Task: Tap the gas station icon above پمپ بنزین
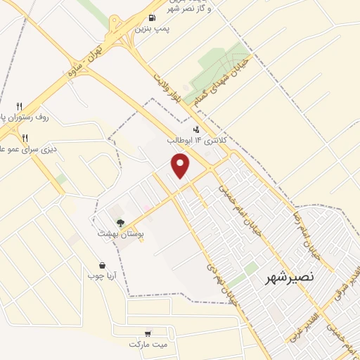(x=152, y=18)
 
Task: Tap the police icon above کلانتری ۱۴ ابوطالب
(x=195, y=129)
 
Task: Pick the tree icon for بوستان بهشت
(x=120, y=222)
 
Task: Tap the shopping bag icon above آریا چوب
(x=103, y=266)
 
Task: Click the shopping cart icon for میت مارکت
(x=148, y=333)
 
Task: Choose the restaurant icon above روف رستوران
(x=20, y=106)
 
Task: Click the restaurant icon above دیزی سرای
(x=25, y=137)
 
